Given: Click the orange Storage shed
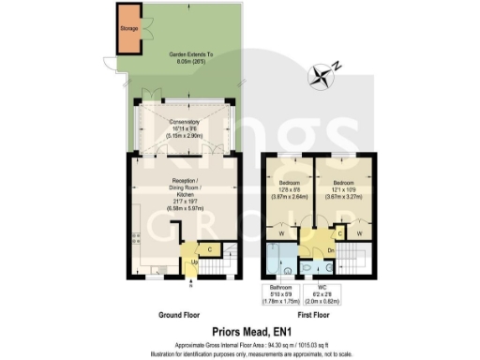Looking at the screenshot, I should click(x=127, y=29).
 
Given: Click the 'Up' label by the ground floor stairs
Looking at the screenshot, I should click(x=194, y=262).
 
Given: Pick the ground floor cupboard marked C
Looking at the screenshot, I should click(x=209, y=248).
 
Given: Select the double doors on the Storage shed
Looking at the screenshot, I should click(x=142, y=29).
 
